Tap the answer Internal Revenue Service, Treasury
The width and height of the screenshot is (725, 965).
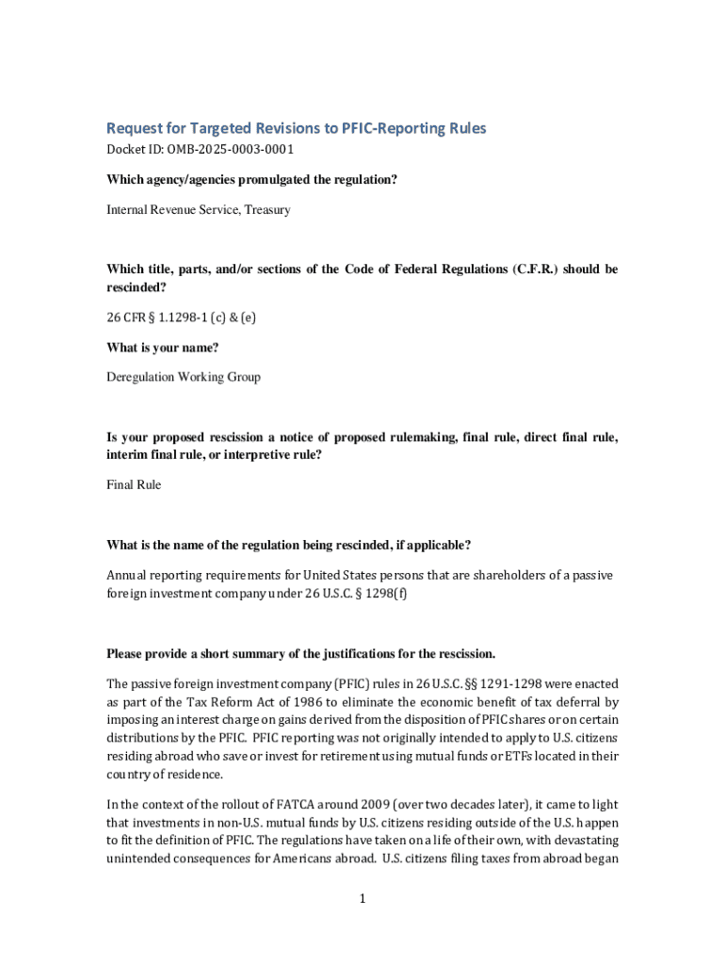click(198, 209)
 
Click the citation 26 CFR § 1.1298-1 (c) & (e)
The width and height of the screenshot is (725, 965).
click(180, 318)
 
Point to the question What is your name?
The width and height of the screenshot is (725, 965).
click(162, 348)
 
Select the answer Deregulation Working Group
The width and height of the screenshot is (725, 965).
click(183, 377)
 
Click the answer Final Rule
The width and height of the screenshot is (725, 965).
click(134, 484)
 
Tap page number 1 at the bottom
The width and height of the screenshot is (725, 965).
click(362, 899)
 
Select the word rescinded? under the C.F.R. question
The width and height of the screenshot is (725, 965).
click(137, 287)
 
